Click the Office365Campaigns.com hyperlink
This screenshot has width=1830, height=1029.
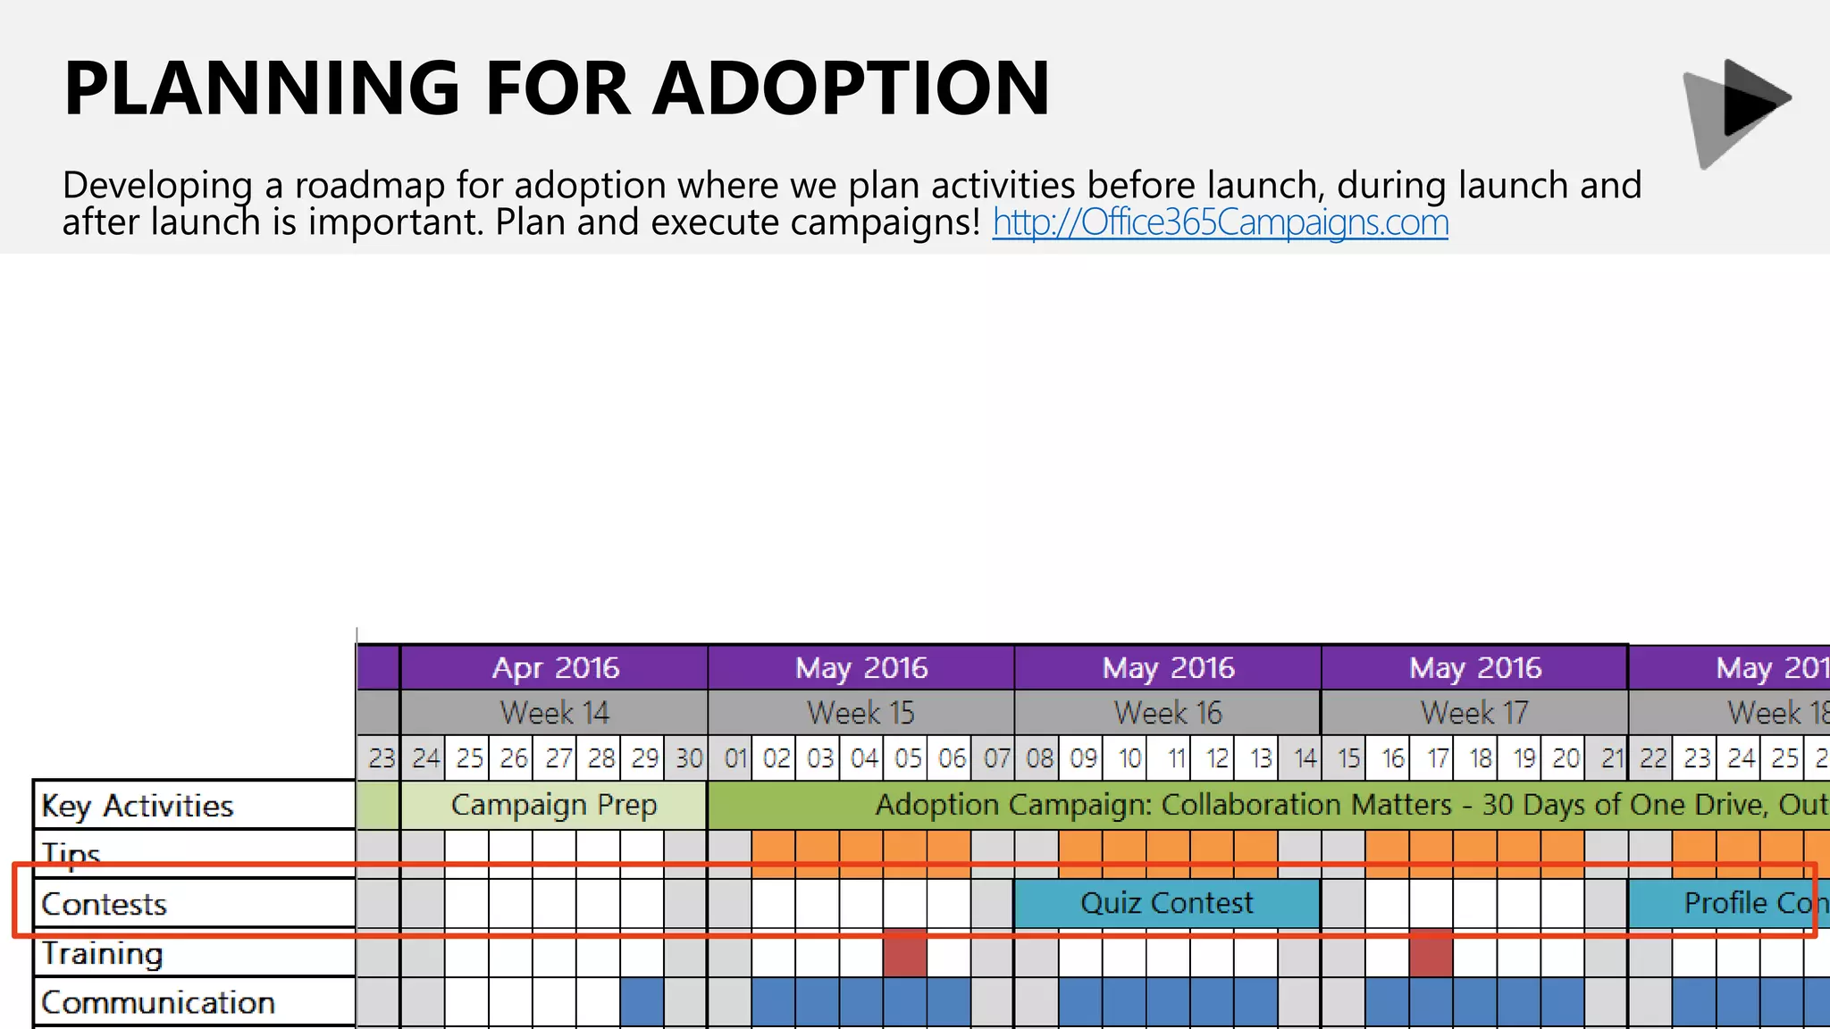[1220, 222]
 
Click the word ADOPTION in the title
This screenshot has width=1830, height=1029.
[851, 88]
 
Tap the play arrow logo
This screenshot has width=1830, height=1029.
[1737, 112]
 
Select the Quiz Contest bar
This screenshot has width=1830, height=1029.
[1166, 903]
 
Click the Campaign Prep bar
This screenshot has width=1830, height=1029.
[554, 805]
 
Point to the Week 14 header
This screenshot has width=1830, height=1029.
[554, 713]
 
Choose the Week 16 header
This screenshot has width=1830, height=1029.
[1167, 713]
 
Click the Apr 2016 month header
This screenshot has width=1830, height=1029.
[554, 667]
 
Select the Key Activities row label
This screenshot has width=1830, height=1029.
[137, 806]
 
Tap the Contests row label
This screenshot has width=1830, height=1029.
[104, 904]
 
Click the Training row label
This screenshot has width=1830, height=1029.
[102, 954]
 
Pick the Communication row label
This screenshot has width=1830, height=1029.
[157, 1002]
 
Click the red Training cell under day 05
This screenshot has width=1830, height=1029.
[904, 953]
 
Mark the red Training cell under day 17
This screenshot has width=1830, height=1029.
[1431, 953]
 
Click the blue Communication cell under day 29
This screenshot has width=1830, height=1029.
[642, 1001]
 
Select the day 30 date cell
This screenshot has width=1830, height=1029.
[686, 758]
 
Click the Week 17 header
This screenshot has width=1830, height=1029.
[1474, 713]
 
